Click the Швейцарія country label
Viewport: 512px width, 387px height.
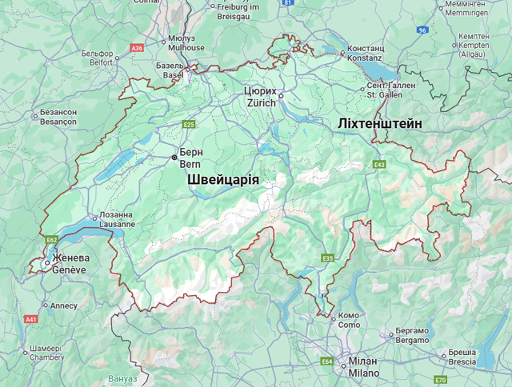tap(224, 181)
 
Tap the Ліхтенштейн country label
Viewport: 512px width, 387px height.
tap(380, 122)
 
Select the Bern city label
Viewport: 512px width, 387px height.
tap(190, 158)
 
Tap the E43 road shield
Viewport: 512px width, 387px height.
tap(379, 165)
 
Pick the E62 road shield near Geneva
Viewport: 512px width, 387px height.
tap(52, 239)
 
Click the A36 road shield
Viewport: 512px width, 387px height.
tap(137, 48)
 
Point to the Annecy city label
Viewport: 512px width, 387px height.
tap(63, 305)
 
